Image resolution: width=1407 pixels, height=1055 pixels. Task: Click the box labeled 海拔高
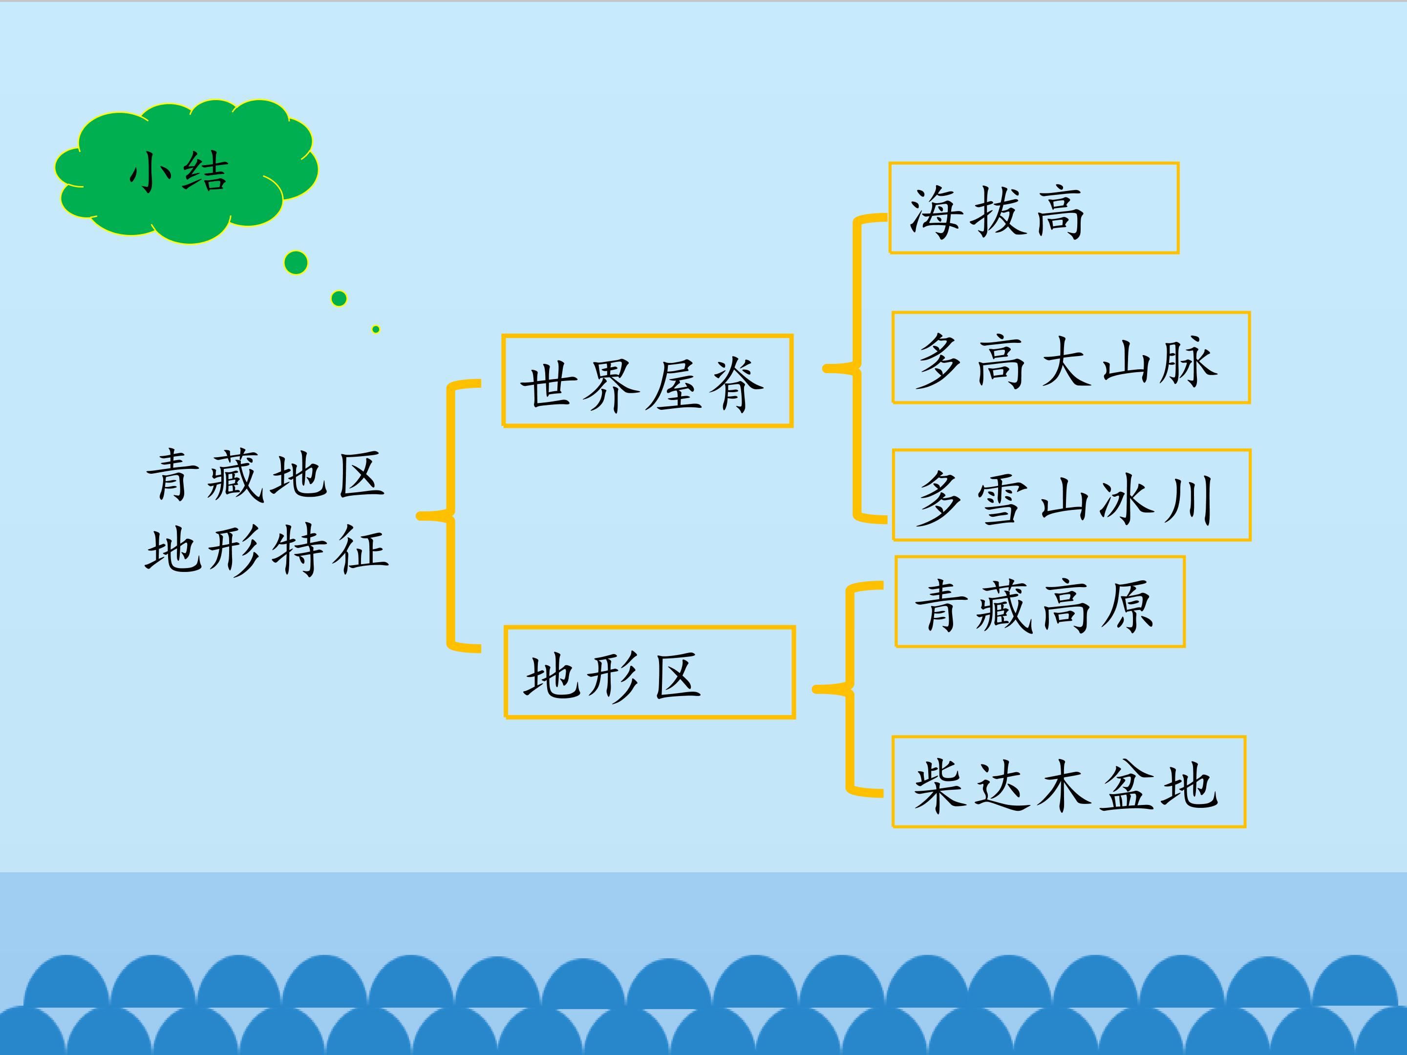1034,208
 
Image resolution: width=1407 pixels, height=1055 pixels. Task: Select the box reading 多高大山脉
1071,358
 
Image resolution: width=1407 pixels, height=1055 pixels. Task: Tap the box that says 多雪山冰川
1072,495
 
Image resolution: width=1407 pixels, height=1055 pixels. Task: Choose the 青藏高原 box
1040,602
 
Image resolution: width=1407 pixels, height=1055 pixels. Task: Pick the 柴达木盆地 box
1068,782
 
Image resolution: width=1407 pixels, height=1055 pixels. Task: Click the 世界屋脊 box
647,381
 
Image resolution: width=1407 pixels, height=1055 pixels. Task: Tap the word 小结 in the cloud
179,172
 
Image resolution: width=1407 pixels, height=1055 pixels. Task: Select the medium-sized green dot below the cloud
339,298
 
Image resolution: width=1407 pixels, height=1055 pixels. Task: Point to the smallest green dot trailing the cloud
376,329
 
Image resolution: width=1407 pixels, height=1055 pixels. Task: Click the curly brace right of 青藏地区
448,516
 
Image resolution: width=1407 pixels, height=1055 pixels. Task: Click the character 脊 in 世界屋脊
737,385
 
